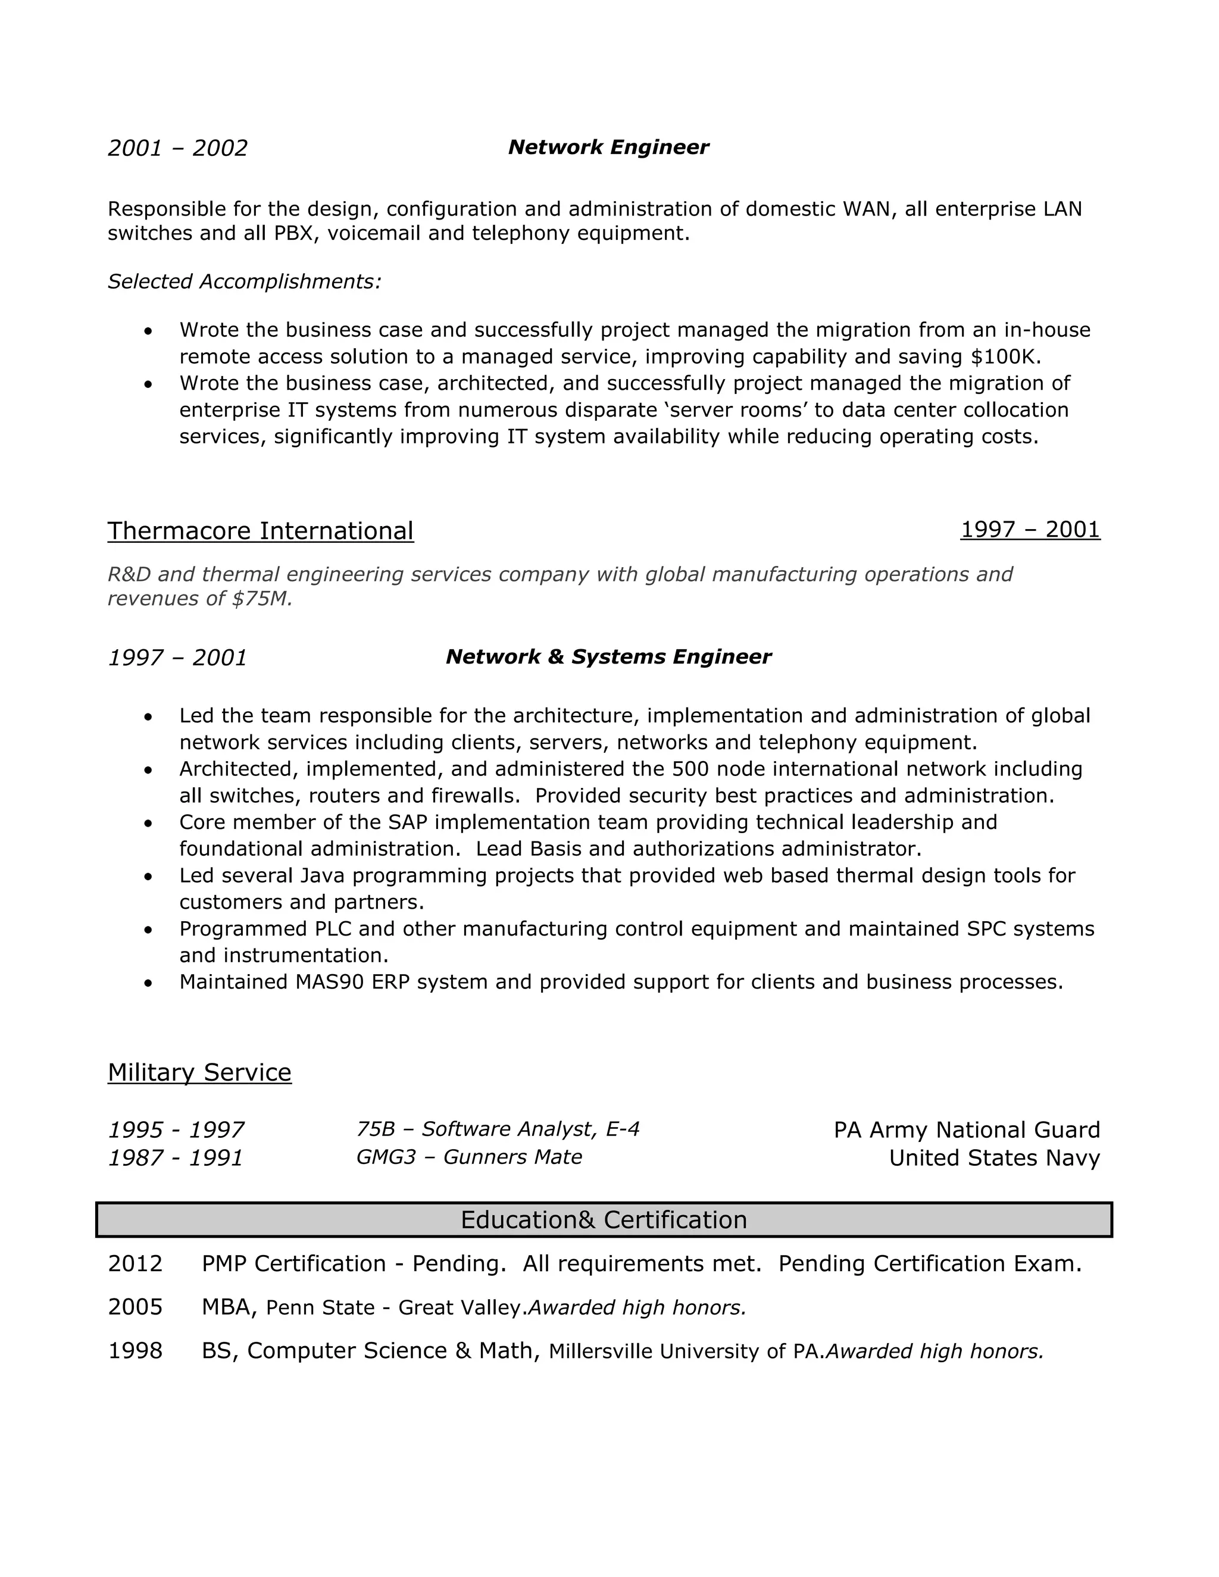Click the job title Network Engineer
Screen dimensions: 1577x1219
[608, 148]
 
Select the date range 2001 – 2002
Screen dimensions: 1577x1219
[177, 148]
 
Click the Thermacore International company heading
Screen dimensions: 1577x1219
[261, 531]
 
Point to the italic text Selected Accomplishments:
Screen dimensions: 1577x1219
[244, 281]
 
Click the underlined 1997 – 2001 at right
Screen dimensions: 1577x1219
[1030, 529]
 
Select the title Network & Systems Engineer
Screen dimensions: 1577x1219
[608, 656]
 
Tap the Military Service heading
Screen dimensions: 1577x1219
[199, 1072]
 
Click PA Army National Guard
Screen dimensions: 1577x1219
[966, 1130]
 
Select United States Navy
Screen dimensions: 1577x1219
[993, 1158]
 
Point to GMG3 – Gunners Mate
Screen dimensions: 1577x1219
[468, 1157]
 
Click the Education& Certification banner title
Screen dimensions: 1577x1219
[604, 1219]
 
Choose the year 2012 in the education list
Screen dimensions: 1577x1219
[135, 1263]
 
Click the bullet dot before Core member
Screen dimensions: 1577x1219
[148, 823]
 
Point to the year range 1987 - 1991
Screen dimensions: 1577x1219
[176, 1158]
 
